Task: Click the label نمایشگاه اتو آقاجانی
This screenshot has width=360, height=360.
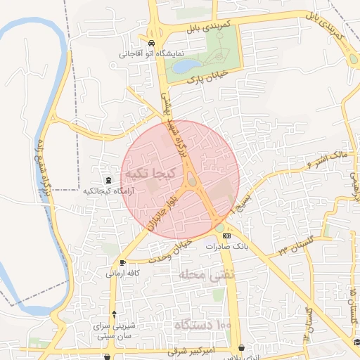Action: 150,53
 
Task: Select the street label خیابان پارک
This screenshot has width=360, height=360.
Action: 208,79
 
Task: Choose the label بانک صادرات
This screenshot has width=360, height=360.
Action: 223,247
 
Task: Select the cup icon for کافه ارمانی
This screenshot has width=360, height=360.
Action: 123,262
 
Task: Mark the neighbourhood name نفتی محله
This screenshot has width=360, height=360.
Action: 201,274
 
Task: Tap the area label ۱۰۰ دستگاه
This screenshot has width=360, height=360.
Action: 204,325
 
